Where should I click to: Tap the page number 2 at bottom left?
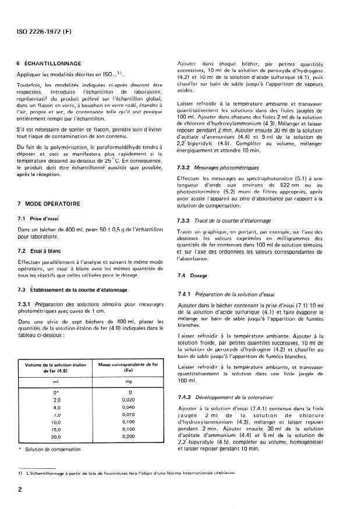(20, 490)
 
